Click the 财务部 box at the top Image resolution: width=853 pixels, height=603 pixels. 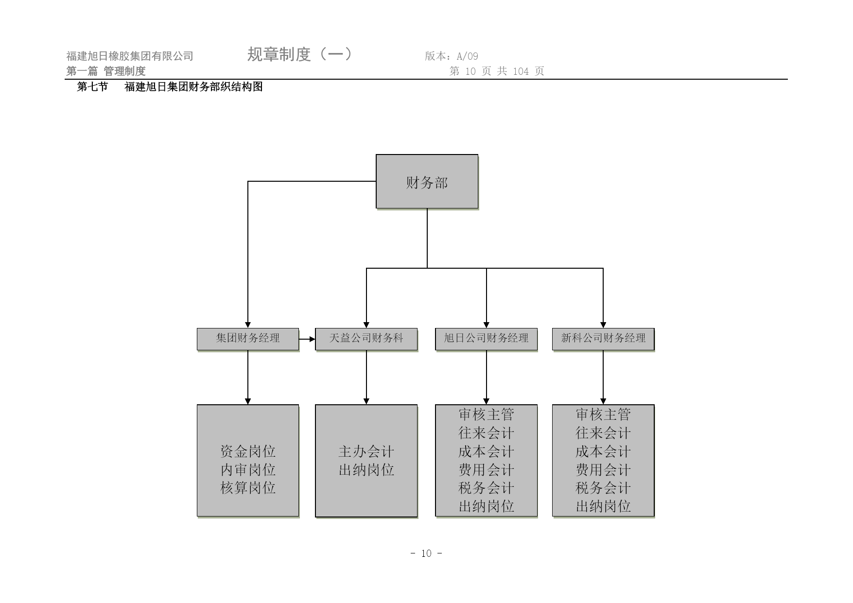(x=427, y=182)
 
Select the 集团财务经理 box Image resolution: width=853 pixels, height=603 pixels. (x=248, y=339)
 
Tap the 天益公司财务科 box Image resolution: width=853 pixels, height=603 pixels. (x=366, y=339)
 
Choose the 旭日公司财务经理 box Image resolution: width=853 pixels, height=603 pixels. (x=487, y=339)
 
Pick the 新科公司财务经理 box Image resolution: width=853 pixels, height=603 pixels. (x=603, y=339)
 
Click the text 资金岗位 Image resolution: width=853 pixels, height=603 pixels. (x=248, y=451)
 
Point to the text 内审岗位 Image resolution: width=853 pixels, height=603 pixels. (x=248, y=470)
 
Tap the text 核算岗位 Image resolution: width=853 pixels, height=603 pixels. (x=248, y=488)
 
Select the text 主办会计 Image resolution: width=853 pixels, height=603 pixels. (x=366, y=451)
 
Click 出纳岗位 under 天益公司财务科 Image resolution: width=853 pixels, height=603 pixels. (x=366, y=470)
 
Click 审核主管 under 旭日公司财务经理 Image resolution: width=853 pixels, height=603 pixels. (x=487, y=414)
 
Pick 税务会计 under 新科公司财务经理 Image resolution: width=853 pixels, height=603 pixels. (x=603, y=488)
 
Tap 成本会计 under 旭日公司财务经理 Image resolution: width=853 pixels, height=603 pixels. (x=487, y=451)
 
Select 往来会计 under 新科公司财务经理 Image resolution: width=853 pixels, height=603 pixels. (x=603, y=433)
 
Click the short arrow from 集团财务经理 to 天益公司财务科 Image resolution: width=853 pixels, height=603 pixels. (x=307, y=339)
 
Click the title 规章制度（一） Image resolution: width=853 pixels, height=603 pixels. (x=300, y=54)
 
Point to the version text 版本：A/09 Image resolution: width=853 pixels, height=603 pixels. (x=452, y=56)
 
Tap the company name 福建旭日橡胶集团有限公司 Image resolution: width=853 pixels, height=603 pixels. (x=130, y=56)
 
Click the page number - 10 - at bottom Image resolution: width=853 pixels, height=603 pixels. (x=426, y=553)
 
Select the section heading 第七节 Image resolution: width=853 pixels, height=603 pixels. (x=92, y=87)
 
